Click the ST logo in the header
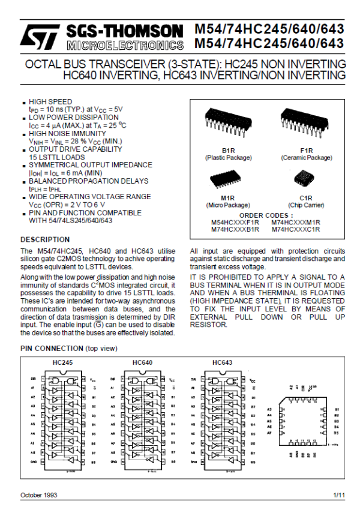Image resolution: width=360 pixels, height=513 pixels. pos(38,37)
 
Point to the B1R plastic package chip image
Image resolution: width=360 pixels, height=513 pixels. pos(228,120)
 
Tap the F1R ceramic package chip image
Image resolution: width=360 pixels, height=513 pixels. pos(306,120)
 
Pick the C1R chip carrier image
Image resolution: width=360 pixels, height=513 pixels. pos(305,179)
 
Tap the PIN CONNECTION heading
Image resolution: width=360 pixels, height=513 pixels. pos(52,349)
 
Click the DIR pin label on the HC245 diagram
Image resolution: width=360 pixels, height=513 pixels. pos(33,379)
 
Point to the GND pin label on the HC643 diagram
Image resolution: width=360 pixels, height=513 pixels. pos(194,462)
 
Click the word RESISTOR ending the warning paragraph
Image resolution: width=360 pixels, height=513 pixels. pos(208,324)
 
